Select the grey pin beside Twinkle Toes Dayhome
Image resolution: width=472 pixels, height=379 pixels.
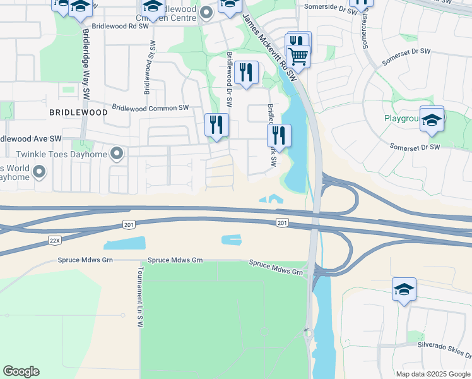pyautogui.click(x=117, y=153)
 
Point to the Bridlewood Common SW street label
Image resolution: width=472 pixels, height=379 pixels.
pyautogui.click(x=151, y=108)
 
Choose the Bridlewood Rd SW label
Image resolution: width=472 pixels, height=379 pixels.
pyautogui.click(x=115, y=27)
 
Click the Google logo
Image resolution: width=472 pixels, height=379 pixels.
pyautogui.click(x=21, y=371)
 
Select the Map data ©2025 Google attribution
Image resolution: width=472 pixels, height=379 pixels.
pyautogui.click(x=432, y=374)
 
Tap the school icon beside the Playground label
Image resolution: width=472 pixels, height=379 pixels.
pyautogui.click(x=432, y=119)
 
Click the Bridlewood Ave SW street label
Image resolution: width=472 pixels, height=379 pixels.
pyautogui.click(x=30, y=138)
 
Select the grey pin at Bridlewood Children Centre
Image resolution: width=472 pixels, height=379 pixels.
pyautogui.click(x=206, y=12)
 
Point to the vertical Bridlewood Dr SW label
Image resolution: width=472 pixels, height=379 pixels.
pyautogui.click(x=228, y=79)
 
